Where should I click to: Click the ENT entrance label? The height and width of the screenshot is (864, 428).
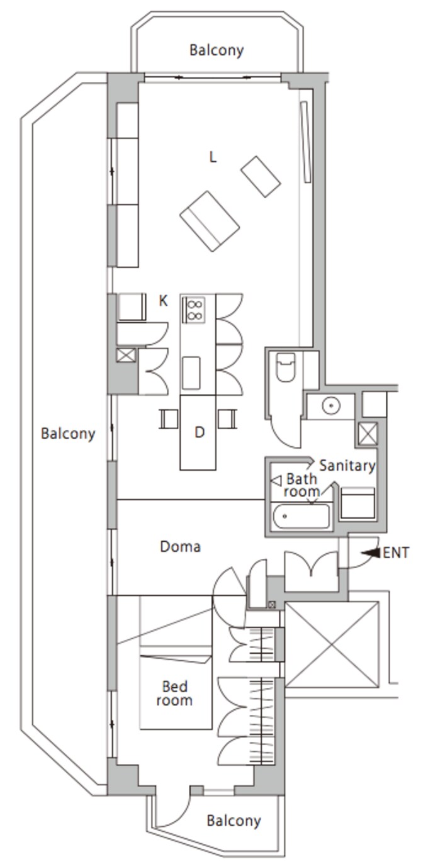395,553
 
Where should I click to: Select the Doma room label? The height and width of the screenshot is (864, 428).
180,547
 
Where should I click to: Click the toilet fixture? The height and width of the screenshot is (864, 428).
286,367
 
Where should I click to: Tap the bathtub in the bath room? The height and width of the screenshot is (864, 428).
301,516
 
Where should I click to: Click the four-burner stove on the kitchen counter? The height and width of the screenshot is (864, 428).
194,310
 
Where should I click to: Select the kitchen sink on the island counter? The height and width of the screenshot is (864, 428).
191,373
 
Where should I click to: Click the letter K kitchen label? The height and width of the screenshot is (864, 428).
164,301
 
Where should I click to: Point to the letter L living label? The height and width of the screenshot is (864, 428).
213,157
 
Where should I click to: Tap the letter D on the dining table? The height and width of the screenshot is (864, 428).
199,432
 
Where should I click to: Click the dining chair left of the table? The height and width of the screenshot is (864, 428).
169,419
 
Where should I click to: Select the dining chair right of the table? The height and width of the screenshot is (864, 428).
227,419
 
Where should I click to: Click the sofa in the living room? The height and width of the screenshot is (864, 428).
210,221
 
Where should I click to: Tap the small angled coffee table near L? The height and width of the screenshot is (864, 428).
261,177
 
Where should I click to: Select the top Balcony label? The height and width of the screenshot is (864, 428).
217,50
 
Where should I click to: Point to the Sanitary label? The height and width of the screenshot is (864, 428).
347,466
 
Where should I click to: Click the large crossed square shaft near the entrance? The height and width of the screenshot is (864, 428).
332,645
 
